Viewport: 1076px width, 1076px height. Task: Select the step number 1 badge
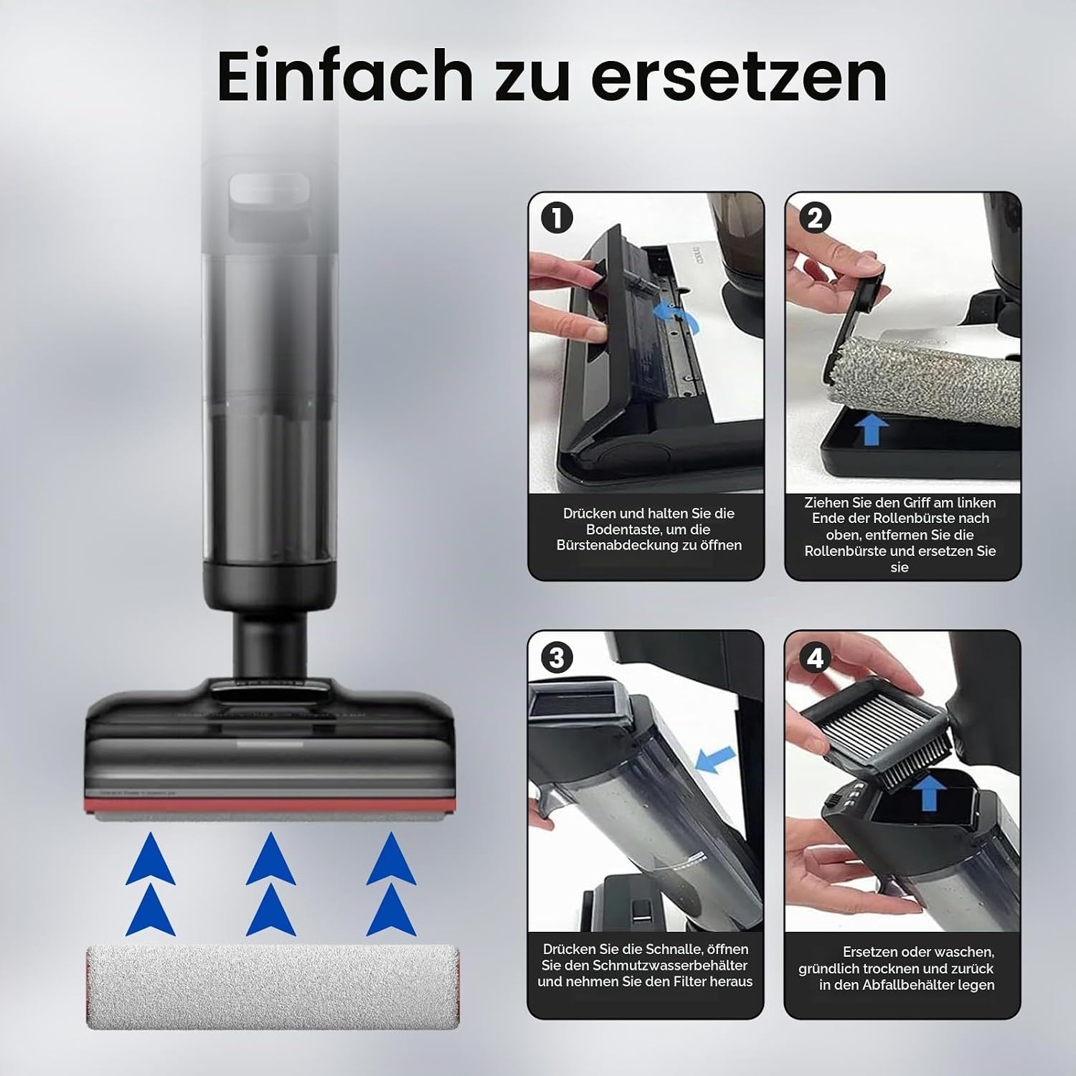pyautogui.click(x=557, y=218)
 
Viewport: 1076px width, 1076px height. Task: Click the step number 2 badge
pyautogui.click(x=815, y=218)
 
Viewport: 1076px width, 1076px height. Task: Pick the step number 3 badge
pyautogui.click(x=557, y=658)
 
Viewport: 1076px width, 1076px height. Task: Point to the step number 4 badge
pyautogui.click(x=815, y=658)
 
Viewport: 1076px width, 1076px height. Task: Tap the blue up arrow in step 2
pyautogui.click(x=872, y=430)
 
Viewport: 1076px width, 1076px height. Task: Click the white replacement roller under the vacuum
pyautogui.click(x=273, y=987)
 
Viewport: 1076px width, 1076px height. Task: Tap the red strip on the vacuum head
pyautogui.click(x=270, y=804)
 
